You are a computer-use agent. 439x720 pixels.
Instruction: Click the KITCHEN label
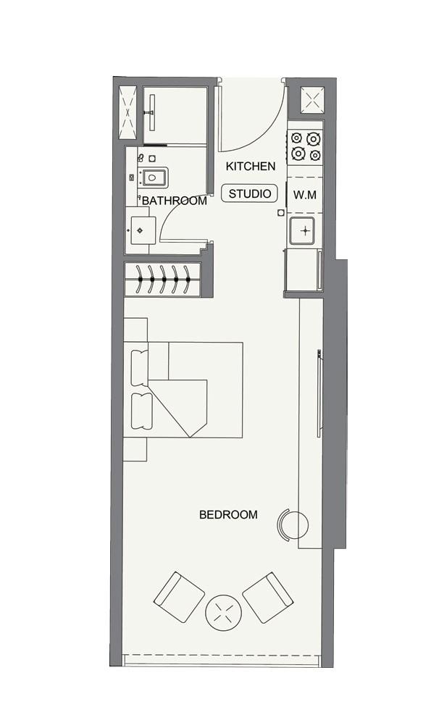(251, 167)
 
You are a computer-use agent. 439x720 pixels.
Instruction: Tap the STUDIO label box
(250, 193)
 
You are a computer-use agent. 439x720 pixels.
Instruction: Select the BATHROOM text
(175, 201)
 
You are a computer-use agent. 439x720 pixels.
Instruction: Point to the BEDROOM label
(228, 515)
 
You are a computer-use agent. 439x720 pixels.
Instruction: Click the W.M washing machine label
(304, 194)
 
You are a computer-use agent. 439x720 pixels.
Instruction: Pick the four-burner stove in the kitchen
(305, 146)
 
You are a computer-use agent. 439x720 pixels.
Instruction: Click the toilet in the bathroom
(154, 177)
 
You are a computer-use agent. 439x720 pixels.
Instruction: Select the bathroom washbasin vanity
(140, 230)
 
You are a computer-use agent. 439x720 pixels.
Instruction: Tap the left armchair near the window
(179, 597)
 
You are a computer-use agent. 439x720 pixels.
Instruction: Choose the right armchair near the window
(267, 598)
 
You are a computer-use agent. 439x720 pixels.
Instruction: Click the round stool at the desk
(292, 524)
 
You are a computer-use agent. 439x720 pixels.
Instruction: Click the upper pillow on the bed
(139, 367)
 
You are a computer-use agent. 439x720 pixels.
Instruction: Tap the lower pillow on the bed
(141, 409)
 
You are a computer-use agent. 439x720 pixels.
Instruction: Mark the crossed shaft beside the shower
(127, 112)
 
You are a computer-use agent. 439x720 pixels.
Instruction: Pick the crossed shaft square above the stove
(312, 101)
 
